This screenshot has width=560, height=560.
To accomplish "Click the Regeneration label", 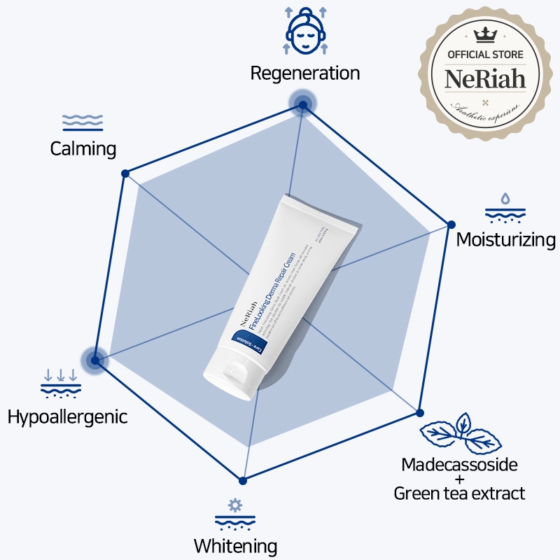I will [305, 73].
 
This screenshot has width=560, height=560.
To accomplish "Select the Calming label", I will [83, 148].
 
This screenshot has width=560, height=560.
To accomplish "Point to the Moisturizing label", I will [505, 240].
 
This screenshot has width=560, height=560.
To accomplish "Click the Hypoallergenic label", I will [67, 417].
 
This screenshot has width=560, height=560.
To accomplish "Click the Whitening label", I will [235, 545].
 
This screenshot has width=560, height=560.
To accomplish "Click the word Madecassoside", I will [459, 465].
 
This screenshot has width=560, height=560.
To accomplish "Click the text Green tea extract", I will [459, 493].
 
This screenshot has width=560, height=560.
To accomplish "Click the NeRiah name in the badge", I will [485, 78].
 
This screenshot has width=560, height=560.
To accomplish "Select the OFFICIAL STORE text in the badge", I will [485, 55].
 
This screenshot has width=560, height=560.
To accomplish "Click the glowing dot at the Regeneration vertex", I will [302, 106].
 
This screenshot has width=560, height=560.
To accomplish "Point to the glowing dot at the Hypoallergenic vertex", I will [96, 361].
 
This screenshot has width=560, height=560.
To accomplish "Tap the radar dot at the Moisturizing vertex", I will [451, 225].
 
